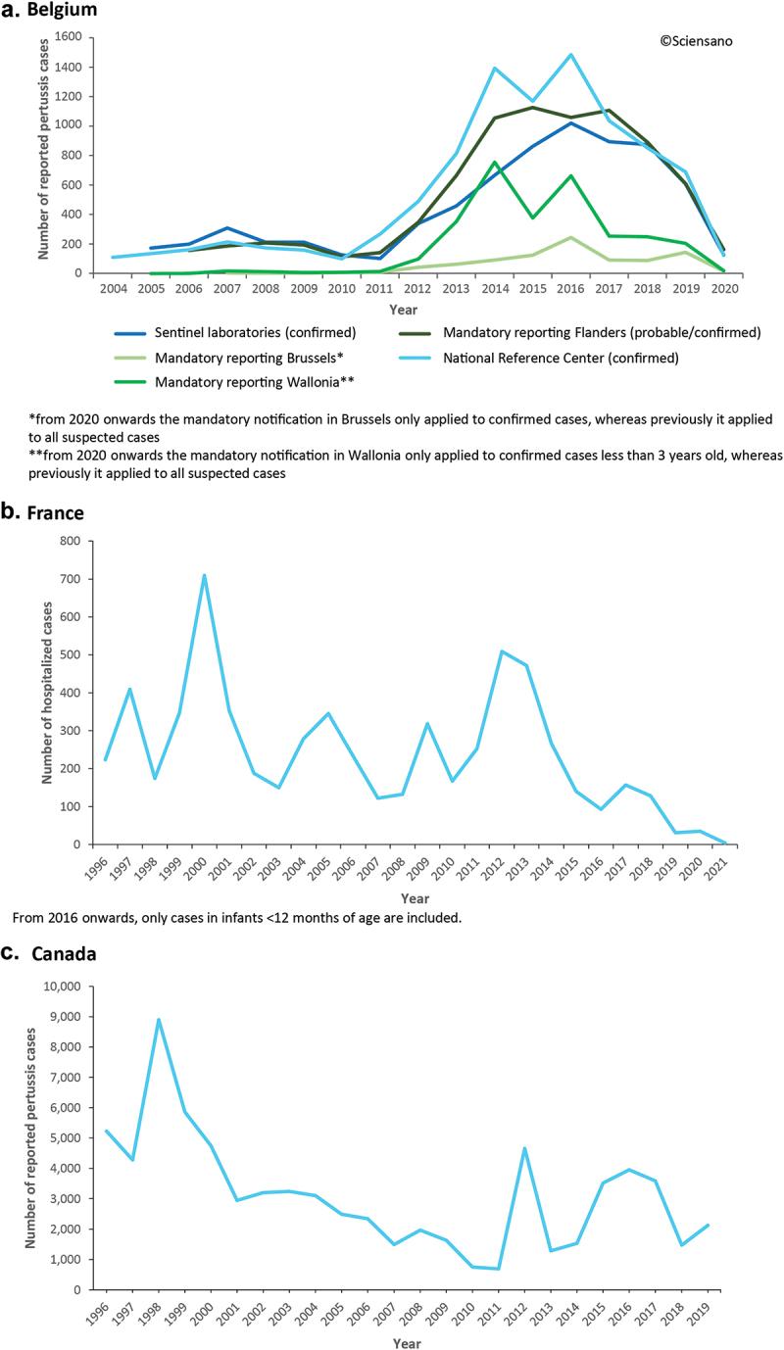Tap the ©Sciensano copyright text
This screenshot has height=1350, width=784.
tap(696, 41)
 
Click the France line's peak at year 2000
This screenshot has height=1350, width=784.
tap(204, 575)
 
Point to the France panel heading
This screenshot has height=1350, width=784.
tap(55, 511)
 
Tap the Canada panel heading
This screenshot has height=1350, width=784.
tap(61, 955)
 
